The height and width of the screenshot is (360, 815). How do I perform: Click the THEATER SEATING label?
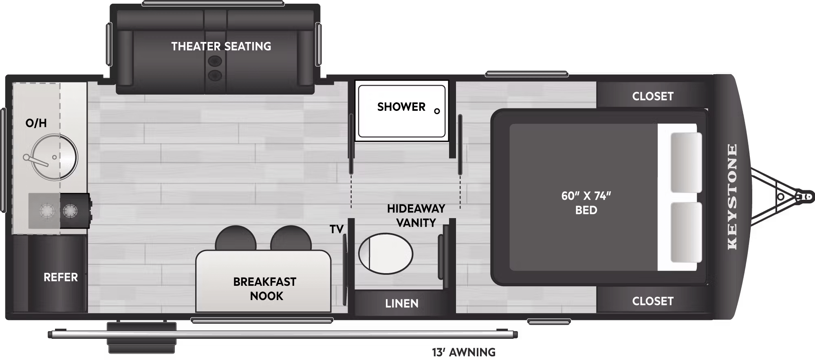point(221,46)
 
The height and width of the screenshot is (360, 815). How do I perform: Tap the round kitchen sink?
point(54,157)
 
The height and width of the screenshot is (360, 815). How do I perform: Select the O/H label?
point(36,123)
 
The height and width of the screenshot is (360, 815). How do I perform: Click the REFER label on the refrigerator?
point(61,277)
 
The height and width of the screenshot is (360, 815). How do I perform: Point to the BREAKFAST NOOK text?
point(265,289)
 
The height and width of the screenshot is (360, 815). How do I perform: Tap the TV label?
point(337,230)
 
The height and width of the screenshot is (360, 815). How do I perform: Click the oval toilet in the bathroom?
point(385,254)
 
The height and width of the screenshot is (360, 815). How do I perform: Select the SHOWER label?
point(401,107)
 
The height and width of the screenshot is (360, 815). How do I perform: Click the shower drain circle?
point(437,111)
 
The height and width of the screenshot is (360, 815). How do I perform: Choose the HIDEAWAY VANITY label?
point(416,216)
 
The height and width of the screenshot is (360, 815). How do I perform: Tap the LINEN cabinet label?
point(402,303)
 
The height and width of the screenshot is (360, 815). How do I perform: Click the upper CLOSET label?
point(653,96)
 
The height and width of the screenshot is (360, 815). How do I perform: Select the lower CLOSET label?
point(653,301)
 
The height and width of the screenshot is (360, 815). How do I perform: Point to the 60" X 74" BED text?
point(586,203)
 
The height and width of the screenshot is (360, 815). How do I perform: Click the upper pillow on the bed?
point(686,162)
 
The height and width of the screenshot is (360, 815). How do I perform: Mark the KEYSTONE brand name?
point(732,197)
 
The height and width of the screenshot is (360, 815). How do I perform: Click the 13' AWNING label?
point(464,352)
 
